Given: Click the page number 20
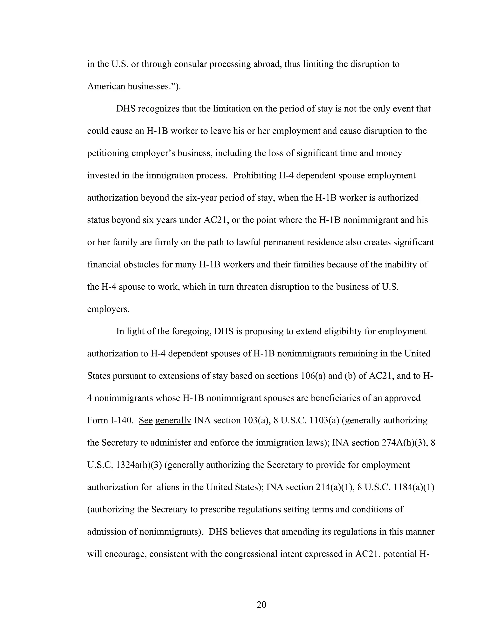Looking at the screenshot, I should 261,605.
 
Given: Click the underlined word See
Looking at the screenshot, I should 146,421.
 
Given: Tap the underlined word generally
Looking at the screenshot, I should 173,421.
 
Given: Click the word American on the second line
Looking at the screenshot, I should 106,86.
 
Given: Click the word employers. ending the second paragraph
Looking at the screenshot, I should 108,309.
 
